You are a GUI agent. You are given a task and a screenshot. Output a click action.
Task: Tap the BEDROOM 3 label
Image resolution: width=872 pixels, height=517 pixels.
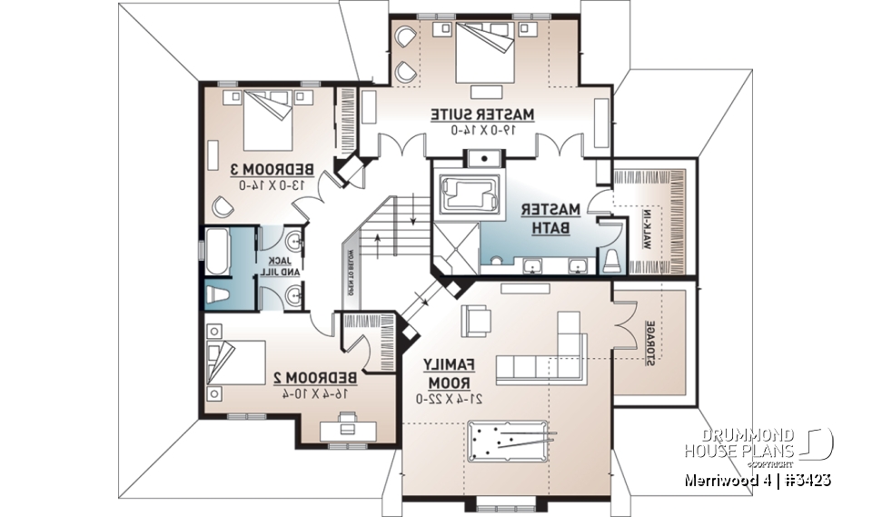271,169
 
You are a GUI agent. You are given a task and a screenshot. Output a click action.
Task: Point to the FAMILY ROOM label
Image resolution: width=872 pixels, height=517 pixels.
446,373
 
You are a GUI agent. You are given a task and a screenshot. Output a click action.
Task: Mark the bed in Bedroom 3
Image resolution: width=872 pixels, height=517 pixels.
264,121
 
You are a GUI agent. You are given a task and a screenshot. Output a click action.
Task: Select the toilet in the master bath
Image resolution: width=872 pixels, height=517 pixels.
610,261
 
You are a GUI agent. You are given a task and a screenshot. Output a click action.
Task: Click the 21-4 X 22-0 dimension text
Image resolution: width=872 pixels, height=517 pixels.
445,398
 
